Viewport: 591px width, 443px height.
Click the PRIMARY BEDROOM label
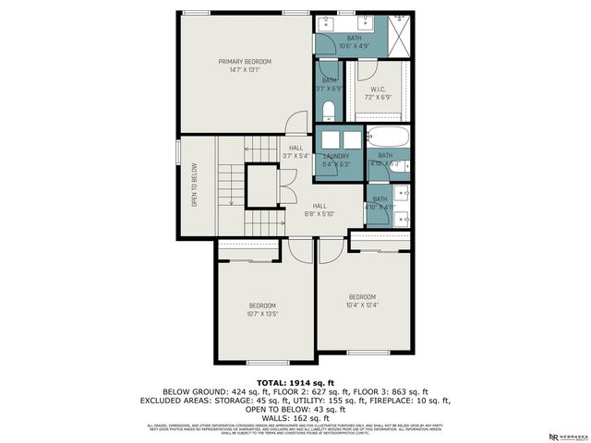click(245, 61)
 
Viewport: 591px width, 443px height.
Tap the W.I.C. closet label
click(378, 90)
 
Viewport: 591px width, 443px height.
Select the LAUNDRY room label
click(336, 156)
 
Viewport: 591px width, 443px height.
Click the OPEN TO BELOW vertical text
click(195, 185)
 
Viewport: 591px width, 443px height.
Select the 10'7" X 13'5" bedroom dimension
click(262, 314)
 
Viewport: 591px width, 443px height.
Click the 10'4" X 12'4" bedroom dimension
click(362, 305)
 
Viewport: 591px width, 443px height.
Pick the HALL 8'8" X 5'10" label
click(320, 210)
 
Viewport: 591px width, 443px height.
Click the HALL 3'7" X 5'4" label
click(295, 151)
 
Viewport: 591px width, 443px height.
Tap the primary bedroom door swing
click(295, 123)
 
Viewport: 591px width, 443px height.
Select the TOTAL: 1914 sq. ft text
click(295, 380)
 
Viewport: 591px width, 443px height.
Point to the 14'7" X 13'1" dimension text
click(245, 69)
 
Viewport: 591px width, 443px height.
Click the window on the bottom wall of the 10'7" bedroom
click(261, 361)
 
